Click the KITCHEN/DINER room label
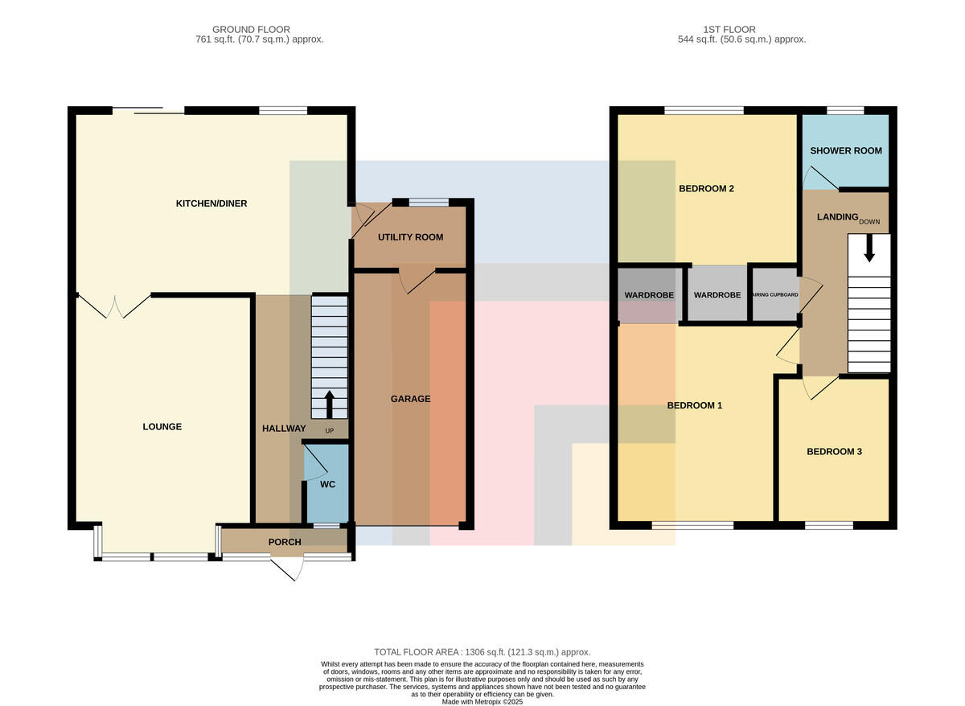[x=211, y=203]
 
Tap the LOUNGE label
[x=162, y=426]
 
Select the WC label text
[x=327, y=484]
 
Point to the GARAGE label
[x=410, y=399]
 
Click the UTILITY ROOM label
[x=411, y=237]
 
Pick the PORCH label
[x=285, y=542]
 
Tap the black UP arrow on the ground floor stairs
[x=329, y=404]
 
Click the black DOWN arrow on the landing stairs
[x=869, y=248]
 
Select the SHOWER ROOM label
[x=846, y=150]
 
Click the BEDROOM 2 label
[x=706, y=188]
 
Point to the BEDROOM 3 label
[x=834, y=451]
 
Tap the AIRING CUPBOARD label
[x=775, y=294]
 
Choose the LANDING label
[x=837, y=216]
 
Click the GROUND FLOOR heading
[x=251, y=29]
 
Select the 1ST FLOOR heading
[x=729, y=29]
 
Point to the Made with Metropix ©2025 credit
[x=482, y=702]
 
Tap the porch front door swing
[x=287, y=569]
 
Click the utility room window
[x=428, y=203]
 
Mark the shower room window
[x=845, y=110]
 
